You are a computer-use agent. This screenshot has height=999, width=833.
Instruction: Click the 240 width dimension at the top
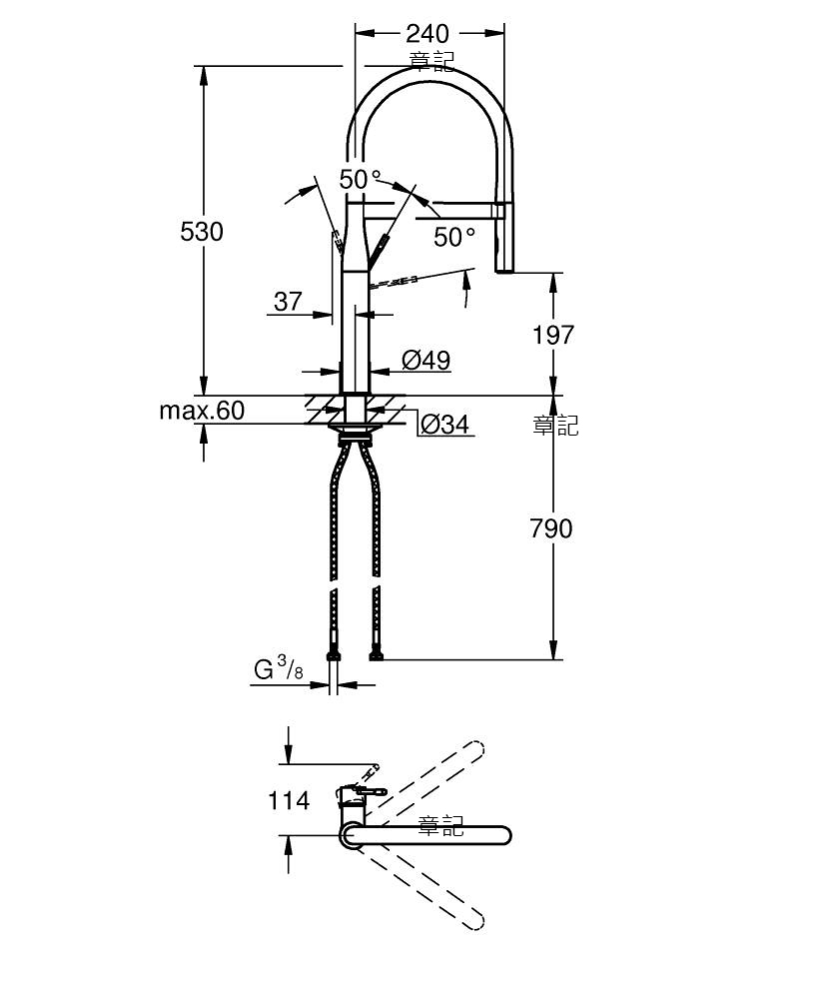coord(427,33)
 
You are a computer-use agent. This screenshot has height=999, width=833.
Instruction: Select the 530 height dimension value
coord(201,232)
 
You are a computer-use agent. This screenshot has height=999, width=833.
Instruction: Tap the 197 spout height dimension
coord(552,335)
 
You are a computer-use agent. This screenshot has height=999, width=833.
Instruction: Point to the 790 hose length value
coord(551,528)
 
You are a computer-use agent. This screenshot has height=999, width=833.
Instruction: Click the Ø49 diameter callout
coord(426,360)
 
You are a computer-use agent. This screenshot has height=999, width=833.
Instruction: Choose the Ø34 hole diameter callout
coord(445,424)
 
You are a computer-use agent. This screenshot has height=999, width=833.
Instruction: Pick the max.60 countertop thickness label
coord(202,411)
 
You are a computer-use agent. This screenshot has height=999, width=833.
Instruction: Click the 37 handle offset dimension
coord(288,302)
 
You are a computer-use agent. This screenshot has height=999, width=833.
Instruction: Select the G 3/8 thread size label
coord(279,669)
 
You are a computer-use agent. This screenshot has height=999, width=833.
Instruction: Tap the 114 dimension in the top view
coord(289,800)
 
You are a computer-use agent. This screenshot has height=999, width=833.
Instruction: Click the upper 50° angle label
coord(360,179)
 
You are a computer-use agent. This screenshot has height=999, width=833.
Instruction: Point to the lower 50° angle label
coord(454,237)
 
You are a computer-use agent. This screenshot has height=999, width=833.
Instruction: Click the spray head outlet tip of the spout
coord(503,270)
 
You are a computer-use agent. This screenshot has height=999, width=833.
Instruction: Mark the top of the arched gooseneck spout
coord(429,68)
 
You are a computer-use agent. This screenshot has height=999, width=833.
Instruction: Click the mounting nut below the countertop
coord(355,429)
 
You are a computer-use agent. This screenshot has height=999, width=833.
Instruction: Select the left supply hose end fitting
coord(334,655)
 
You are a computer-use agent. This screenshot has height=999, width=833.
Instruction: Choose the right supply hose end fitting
coord(377,655)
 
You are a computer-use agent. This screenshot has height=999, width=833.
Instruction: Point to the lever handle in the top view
coord(365,791)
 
